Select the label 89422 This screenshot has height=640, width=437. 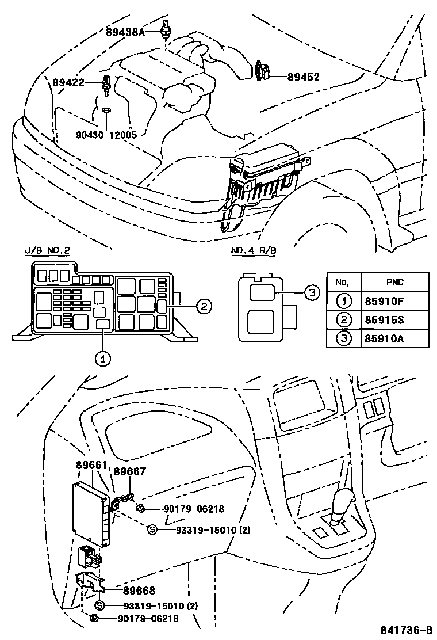68,83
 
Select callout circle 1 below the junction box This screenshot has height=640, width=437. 102,358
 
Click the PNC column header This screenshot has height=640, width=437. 394,282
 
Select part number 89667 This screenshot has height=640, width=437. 129,471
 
